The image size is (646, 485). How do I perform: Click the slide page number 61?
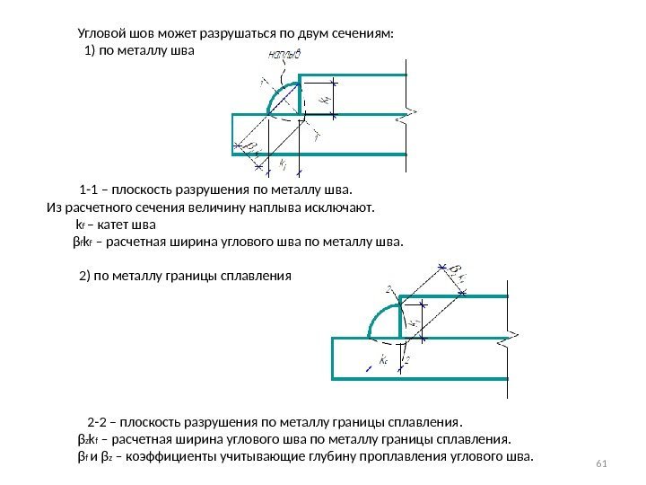[602, 463]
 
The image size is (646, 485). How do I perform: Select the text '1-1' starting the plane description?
[90, 190]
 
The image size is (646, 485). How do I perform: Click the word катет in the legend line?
[110, 224]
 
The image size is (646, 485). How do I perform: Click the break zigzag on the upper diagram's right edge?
[409, 113]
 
